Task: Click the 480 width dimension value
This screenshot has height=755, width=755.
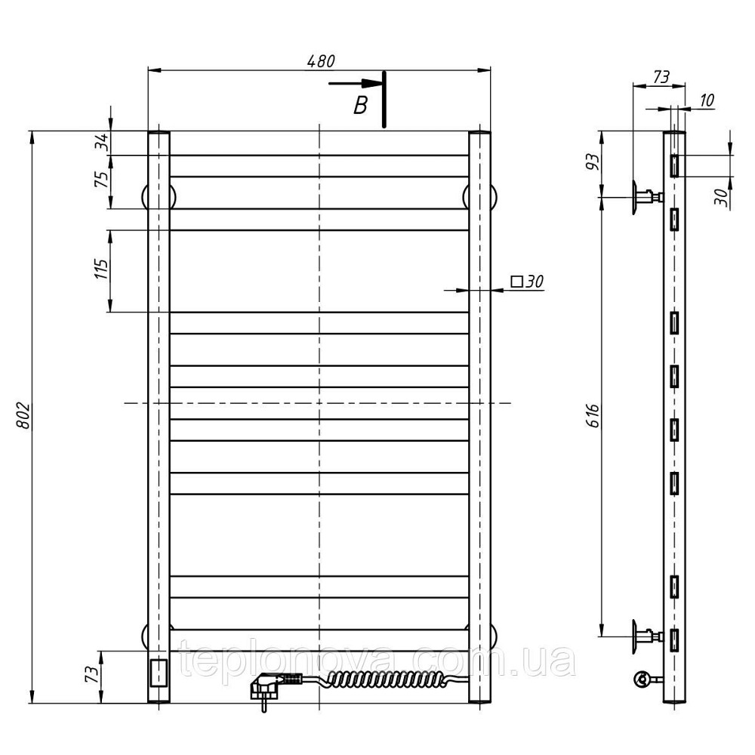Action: tap(321, 60)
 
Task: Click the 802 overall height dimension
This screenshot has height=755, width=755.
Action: tap(23, 416)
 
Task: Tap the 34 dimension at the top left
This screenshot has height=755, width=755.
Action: tap(102, 143)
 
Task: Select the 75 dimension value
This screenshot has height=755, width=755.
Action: tap(102, 179)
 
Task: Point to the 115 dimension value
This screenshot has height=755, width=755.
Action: tap(102, 270)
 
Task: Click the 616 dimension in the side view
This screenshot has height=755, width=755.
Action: tap(593, 415)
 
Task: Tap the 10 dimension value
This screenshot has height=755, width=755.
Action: tap(707, 100)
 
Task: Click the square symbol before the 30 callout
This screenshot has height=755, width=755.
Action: tap(516, 281)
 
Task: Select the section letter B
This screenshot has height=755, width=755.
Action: tap(360, 105)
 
